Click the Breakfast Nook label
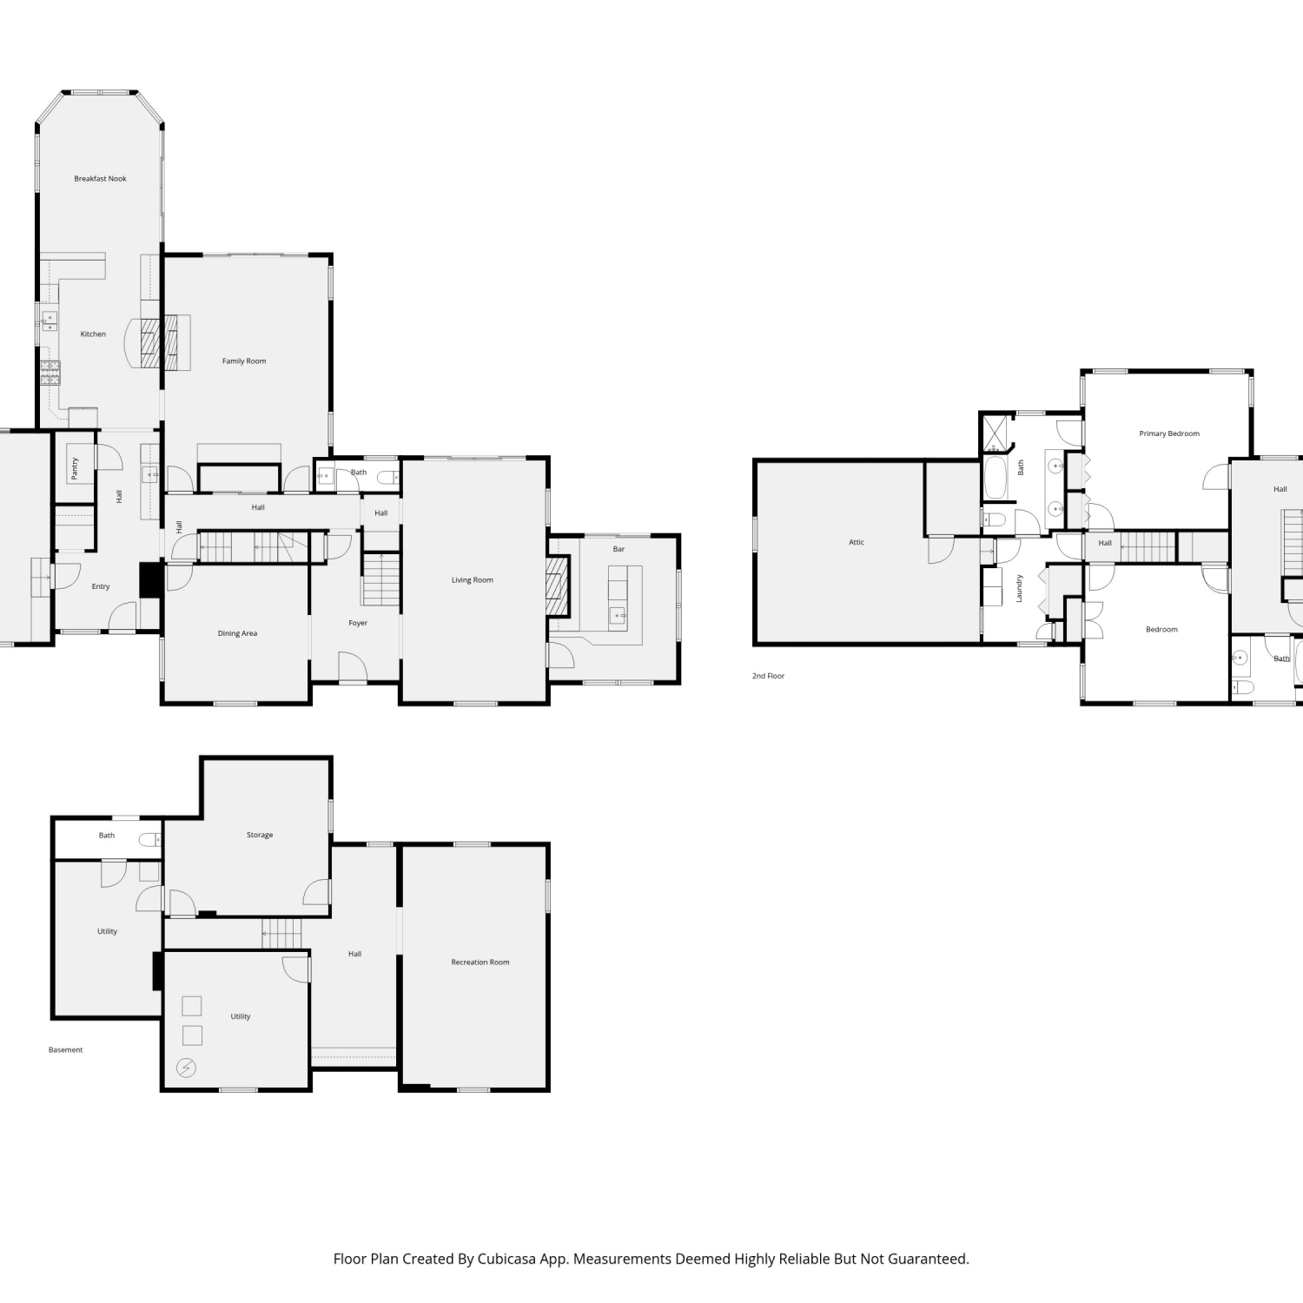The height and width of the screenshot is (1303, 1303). (x=100, y=179)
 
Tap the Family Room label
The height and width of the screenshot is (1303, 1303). (x=244, y=361)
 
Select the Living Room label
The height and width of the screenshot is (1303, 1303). (x=472, y=580)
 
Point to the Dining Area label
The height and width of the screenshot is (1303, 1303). (x=237, y=633)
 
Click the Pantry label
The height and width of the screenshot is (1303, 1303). (x=75, y=468)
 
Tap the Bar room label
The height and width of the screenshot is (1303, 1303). (x=618, y=549)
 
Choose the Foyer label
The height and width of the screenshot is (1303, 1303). (x=358, y=623)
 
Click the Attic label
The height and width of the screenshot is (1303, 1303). (x=857, y=542)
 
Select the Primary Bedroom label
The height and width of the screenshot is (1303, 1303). (x=1169, y=433)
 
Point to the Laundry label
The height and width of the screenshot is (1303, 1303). (x=1020, y=588)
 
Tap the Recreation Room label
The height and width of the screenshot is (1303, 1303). (x=480, y=962)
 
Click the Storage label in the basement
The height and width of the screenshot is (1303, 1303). (x=260, y=835)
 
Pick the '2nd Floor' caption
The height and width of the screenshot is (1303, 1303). (x=768, y=676)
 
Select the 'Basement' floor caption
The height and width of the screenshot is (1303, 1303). (x=66, y=1050)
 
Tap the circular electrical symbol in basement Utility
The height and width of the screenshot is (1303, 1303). (x=187, y=1068)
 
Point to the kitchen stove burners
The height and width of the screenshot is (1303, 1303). (x=50, y=374)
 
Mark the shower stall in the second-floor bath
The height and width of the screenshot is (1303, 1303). (x=996, y=433)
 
